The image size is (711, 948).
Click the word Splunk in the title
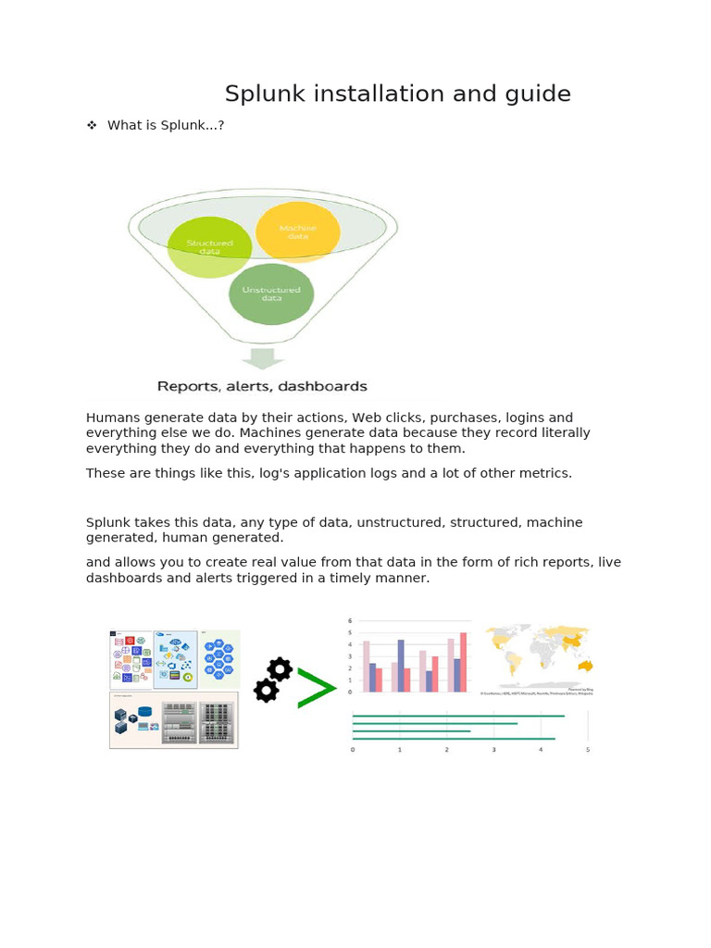[x=258, y=94]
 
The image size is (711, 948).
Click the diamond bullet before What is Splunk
[x=92, y=125]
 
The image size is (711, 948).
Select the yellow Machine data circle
[x=298, y=231]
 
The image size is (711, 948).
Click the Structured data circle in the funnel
[x=209, y=247]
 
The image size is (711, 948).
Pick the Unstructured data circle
[x=271, y=293]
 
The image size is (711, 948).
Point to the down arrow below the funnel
[x=263, y=359]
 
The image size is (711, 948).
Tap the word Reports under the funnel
[x=187, y=387]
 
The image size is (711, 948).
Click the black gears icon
[x=272, y=680]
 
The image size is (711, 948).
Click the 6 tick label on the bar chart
[x=349, y=621]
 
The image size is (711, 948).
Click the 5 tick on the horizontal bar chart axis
[x=588, y=750]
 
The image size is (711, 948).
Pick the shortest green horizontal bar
[x=412, y=731]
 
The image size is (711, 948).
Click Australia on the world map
[x=584, y=666]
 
